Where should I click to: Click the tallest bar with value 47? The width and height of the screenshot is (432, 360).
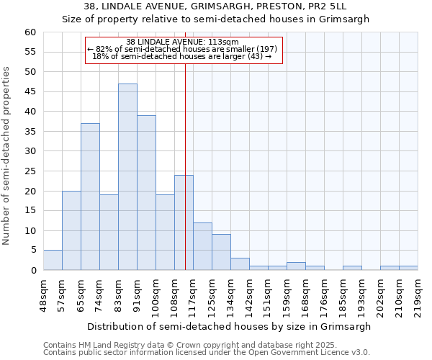pyautogui.click(x=127, y=177)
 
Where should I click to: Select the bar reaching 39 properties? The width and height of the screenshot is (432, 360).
pyautogui.click(x=146, y=193)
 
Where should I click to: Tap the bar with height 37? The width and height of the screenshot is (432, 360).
pyautogui.click(x=90, y=197)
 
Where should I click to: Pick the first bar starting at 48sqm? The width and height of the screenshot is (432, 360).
pyautogui.click(x=53, y=260)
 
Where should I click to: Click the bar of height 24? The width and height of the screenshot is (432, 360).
pyautogui.click(x=184, y=222)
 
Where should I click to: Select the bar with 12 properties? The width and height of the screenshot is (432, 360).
pyautogui.click(x=202, y=246)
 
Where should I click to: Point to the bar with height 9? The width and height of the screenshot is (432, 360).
pyautogui.click(x=221, y=252)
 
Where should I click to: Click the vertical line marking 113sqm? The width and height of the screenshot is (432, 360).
pyautogui.click(x=186, y=166)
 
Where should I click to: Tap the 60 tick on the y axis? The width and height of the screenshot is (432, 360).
pyautogui.click(x=30, y=32)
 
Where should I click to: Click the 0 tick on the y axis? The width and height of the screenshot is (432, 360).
pyautogui.click(x=32, y=271)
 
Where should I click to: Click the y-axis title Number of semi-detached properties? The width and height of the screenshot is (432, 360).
pyautogui.click(x=7, y=156)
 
